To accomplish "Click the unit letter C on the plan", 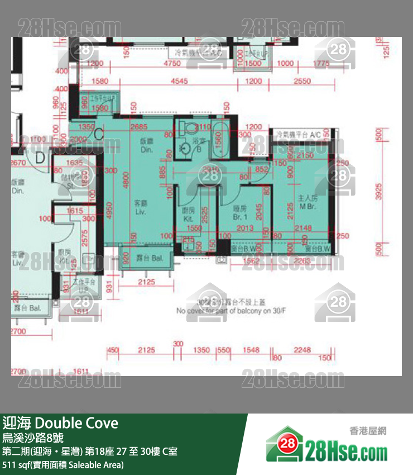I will [x=98, y=134].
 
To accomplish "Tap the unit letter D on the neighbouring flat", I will [x=40, y=158].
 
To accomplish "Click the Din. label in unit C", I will [x=147, y=146].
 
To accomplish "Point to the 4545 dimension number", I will [x=179, y=82].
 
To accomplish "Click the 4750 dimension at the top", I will [x=172, y=64].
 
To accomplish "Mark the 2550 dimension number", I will [x=302, y=82].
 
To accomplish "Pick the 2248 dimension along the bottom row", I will [x=301, y=350].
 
